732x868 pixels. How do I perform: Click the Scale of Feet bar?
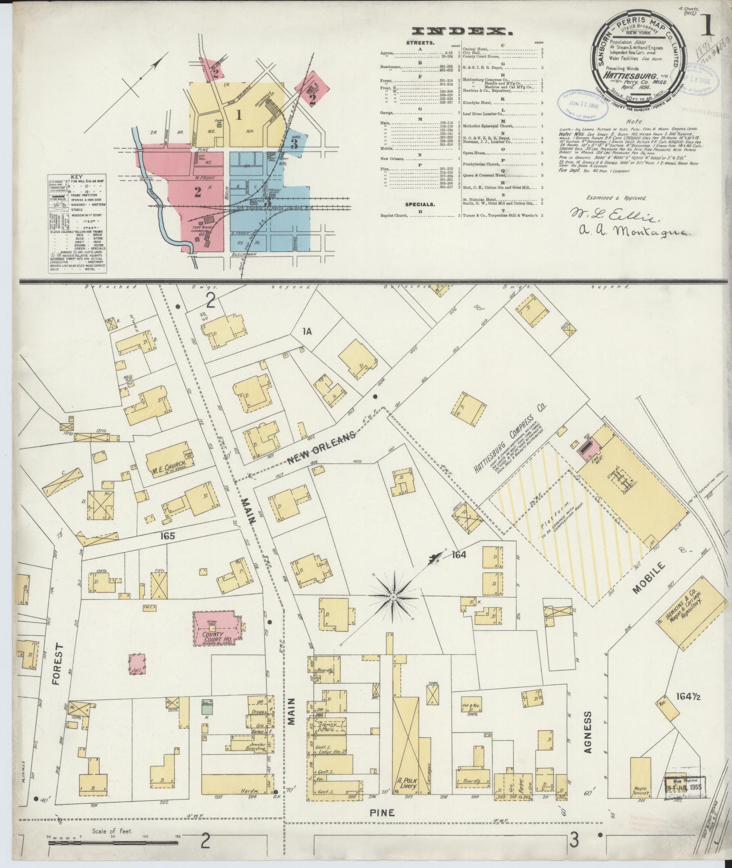click(x=113, y=843)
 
